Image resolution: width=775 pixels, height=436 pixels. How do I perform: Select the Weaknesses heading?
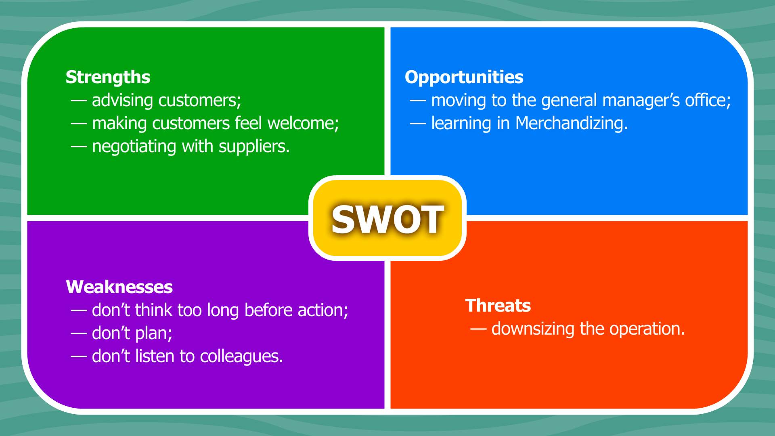[119, 287]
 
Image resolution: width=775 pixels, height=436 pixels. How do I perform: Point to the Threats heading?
[498, 306]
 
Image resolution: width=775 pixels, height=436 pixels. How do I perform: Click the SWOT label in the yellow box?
[387, 219]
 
